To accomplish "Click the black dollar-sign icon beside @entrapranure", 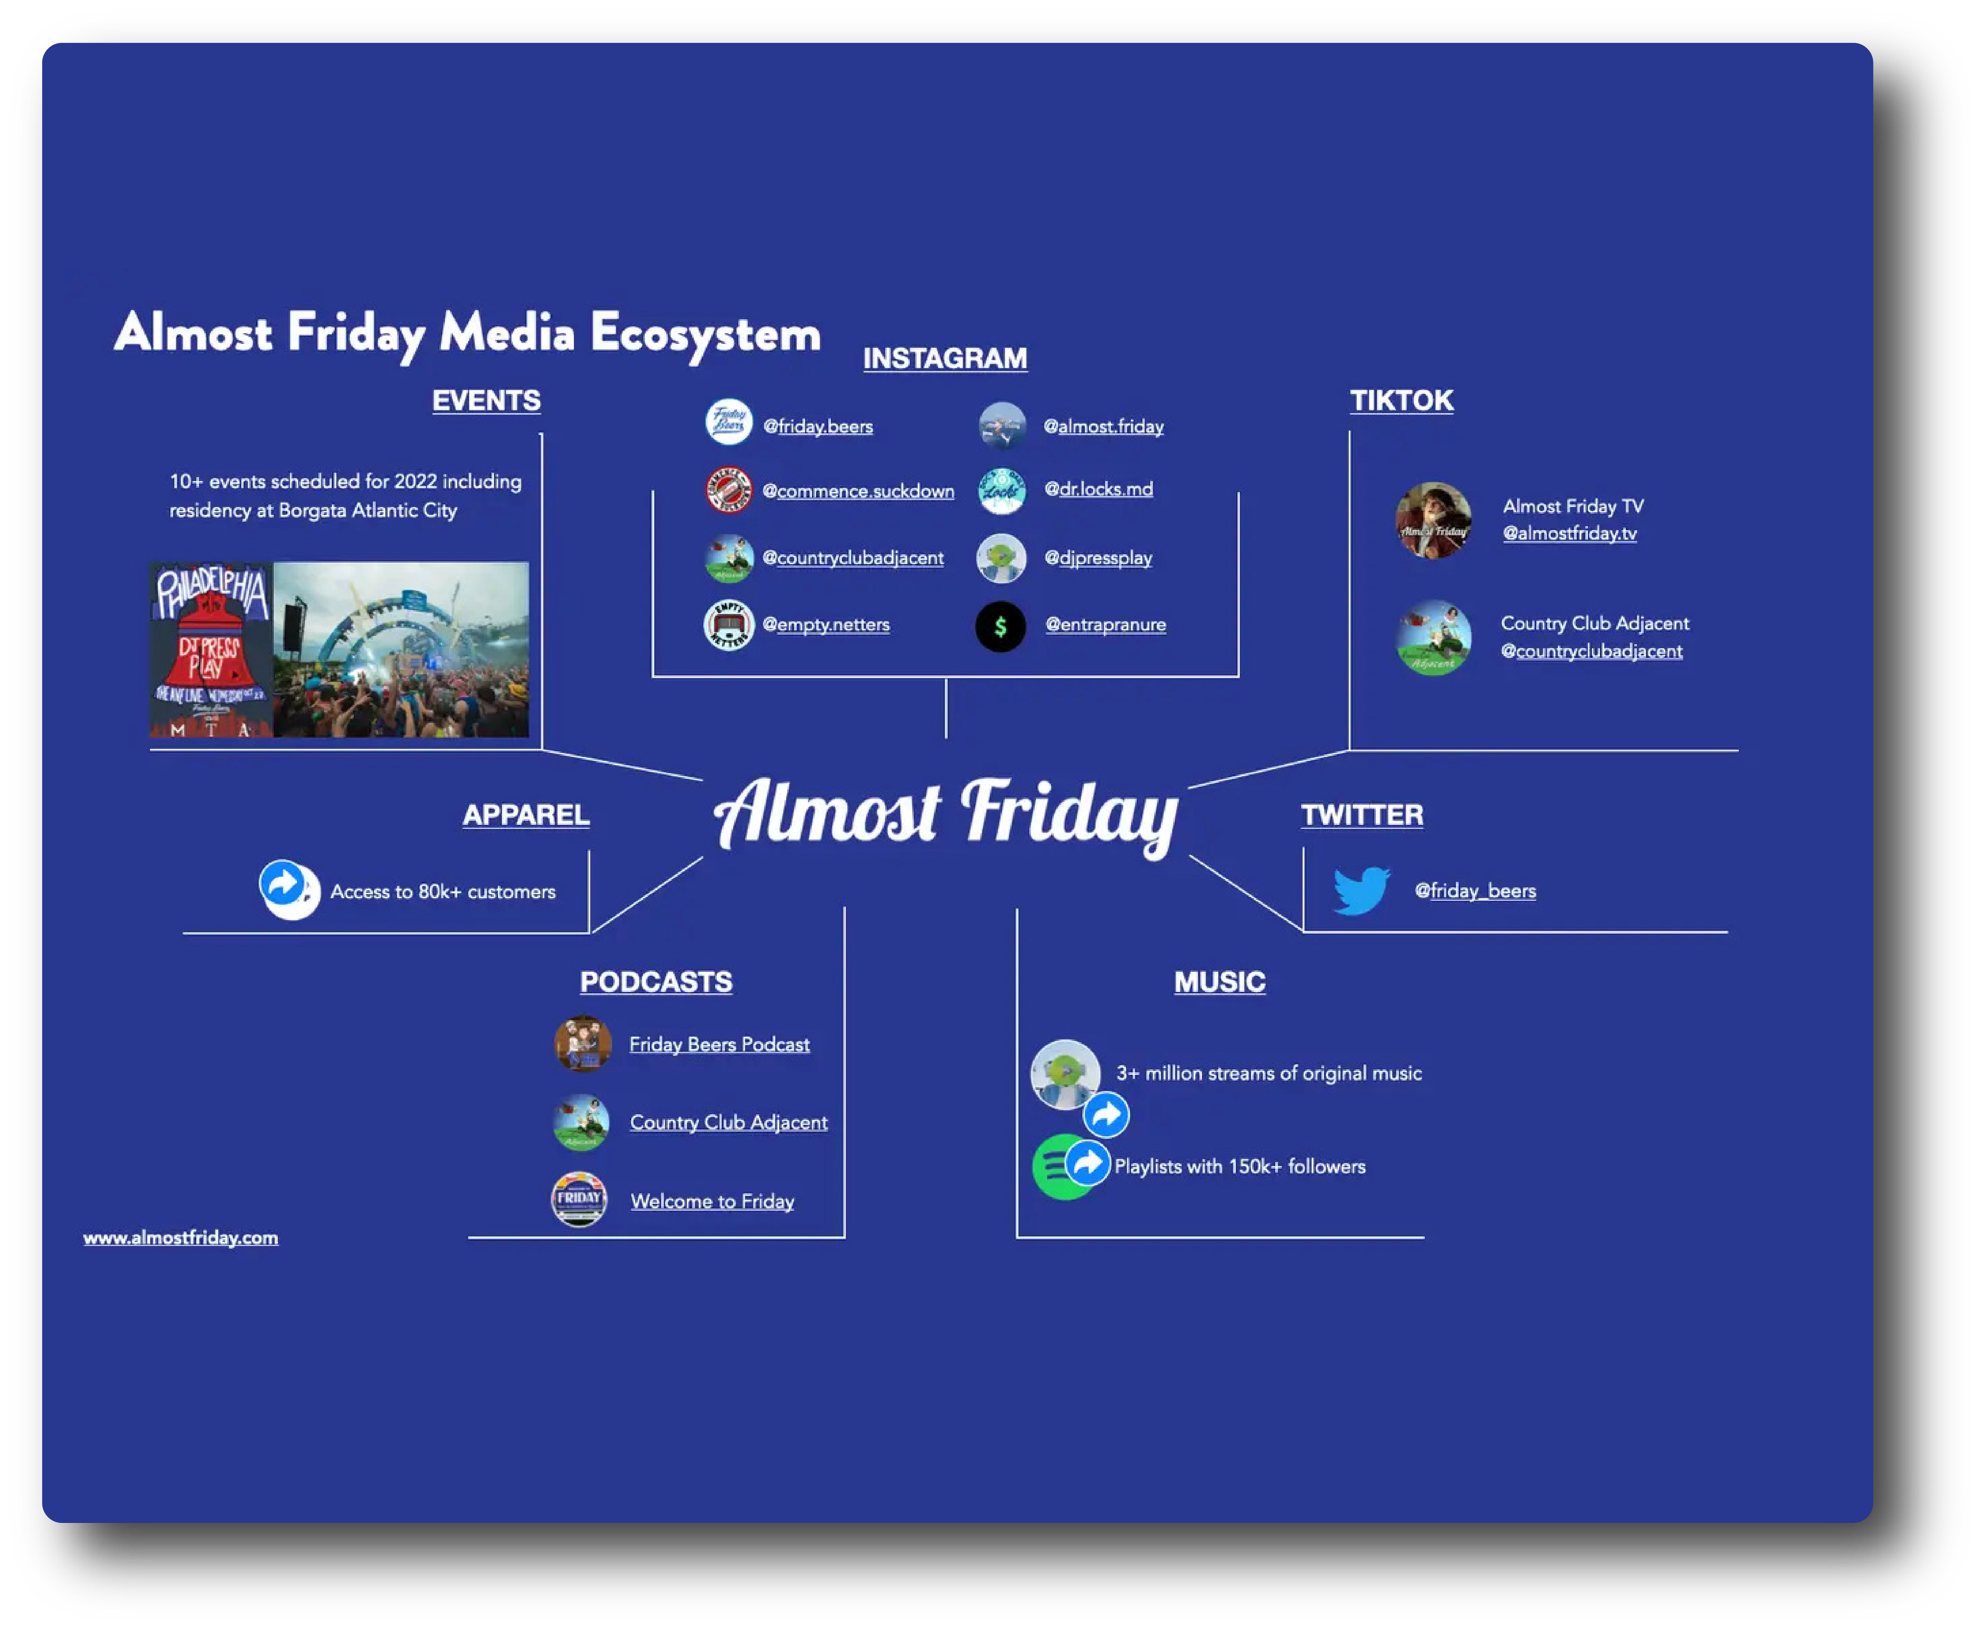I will [x=1001, y=626].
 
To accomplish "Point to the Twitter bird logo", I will [x=1360, y=890].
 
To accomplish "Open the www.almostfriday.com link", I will [x=181, y=1238].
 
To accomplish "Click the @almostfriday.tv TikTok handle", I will [x=1569, y=534].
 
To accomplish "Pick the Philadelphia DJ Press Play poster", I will [x=212, y=649].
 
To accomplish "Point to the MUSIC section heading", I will [x=1219, y=983].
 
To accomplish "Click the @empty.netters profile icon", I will [x=729, y=625].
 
